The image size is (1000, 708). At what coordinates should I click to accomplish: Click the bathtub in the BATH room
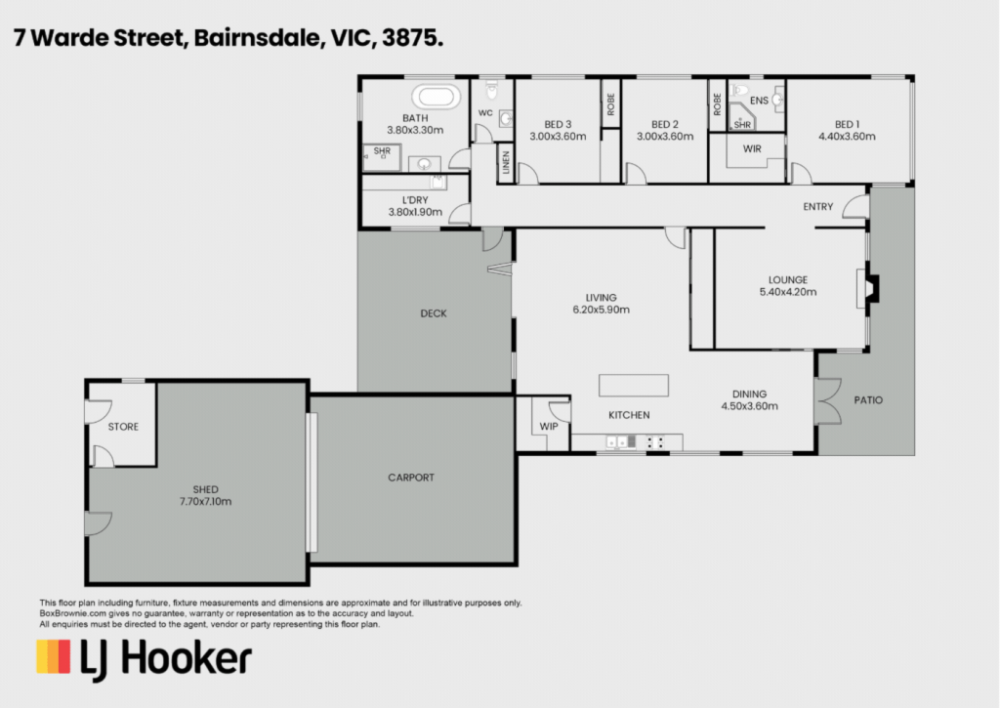(436, 97)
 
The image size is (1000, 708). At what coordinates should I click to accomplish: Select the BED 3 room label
(558, 124)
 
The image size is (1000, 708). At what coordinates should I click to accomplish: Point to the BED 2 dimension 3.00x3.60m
(664, 137)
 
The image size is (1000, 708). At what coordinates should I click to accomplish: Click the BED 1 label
(847, 124)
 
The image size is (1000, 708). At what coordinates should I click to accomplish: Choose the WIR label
(752, 148)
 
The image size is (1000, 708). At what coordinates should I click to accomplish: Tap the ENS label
(759, 101)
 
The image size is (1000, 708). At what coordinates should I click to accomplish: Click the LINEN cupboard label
(506, 163)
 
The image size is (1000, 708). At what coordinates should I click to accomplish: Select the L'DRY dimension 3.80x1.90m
(415, 212)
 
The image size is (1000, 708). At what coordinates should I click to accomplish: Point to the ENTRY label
(817, 207)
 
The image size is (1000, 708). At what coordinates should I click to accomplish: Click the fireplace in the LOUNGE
(868, 289)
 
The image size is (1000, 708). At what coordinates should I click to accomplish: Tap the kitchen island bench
(633, 386)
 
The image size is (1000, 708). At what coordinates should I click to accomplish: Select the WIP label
(549, 426)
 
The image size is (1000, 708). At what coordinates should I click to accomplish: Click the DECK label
(434, 313)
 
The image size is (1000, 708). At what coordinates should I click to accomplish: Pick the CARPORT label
(411, 478)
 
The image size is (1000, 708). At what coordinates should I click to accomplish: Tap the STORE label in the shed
(123, 427)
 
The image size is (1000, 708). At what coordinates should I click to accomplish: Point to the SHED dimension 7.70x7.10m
(205, 501)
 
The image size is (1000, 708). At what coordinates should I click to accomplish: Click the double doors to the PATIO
(827, 400)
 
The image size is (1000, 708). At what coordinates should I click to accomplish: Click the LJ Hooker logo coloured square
(54, 657)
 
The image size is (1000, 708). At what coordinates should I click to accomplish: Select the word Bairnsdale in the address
(257, 38)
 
